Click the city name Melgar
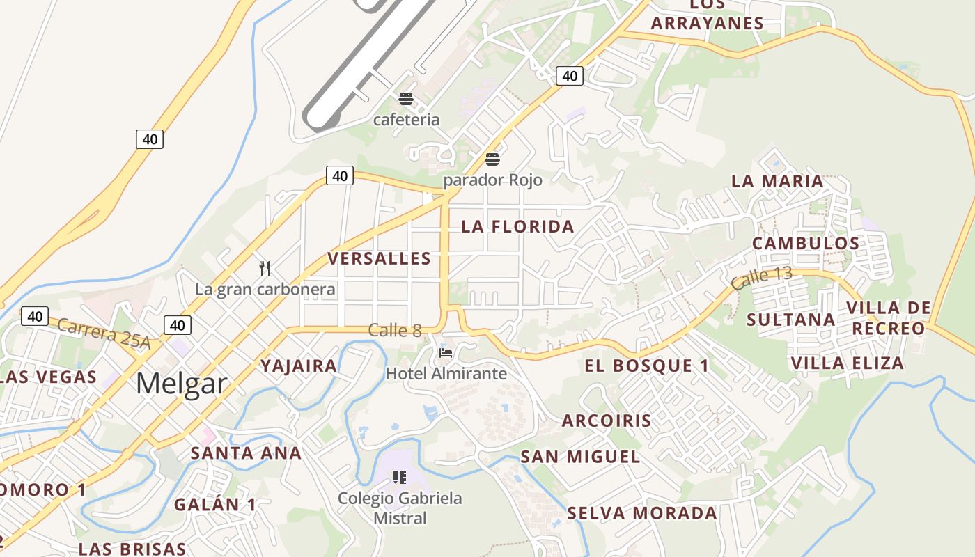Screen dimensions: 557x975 [181, 384]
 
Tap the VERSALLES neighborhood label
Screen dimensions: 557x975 [380, 259]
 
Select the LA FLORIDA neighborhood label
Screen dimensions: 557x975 [517, 226]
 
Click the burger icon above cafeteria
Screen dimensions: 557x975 [406, 99]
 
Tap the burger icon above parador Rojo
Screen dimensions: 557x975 [492, 159]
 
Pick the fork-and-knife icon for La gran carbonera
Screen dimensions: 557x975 [265, 269]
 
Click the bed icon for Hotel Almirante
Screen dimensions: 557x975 [446, 353]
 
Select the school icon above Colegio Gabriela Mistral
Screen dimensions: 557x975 [399, 478]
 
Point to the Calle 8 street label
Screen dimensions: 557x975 [395, 330]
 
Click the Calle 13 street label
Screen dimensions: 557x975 [761, 277]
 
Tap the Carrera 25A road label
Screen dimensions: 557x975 [104, 334]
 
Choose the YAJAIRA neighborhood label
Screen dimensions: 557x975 [298, 366]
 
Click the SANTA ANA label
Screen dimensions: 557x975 [246, 453]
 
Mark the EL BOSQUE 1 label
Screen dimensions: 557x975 [646, 366]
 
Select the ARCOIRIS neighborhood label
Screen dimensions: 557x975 [607, 421]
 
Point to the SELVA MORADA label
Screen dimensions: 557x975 [641, 513]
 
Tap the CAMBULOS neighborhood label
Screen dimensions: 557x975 [806, 243]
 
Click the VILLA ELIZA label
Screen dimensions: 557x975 [847, 363]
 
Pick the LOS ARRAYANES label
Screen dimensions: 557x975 [708, 15]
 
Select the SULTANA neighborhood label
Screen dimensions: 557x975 [790, 320]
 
